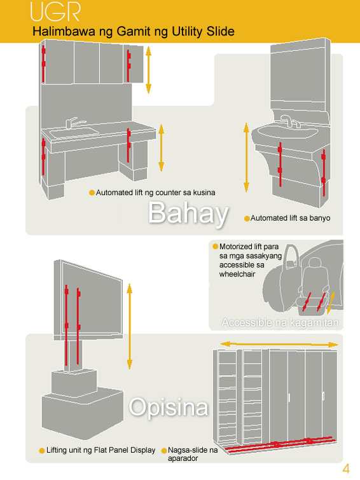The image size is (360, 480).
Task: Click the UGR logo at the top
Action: [x=55, y=12]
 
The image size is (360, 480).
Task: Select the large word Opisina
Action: [x=169, y=407]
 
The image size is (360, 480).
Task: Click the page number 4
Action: [x=346, y=469]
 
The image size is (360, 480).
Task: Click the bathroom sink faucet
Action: [x=289, y=121]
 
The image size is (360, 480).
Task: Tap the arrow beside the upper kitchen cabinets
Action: [x=148, y=69]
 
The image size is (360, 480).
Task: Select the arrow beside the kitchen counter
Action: [x=161, y=147]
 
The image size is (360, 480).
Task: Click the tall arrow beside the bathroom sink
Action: [x=246, y=157]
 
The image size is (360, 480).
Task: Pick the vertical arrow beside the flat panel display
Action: [x=129, y=326]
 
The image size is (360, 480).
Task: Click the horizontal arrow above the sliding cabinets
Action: [x=279, y=345]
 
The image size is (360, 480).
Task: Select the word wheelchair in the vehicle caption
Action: [x=237, y=274]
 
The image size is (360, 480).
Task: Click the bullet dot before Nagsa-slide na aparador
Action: [x=164, y=451]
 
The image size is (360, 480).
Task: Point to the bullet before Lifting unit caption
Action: [x=42, y=451]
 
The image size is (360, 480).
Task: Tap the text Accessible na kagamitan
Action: [x=280, y=323]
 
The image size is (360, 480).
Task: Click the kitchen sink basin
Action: [x=74, y=132]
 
